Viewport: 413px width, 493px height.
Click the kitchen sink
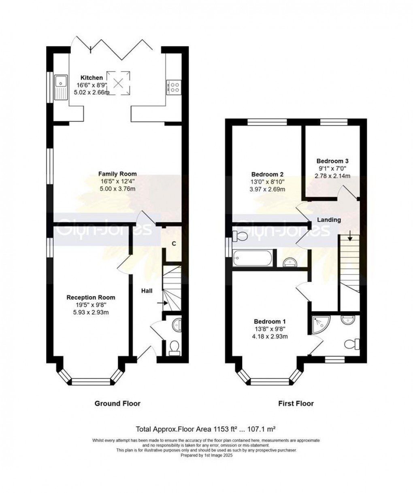pyautogui.click(x=61, y=87)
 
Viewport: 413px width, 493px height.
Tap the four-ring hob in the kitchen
pyautogui.click(x=173, y=87)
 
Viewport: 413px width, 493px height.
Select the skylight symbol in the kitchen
pyautogui.click(x=118, y=83)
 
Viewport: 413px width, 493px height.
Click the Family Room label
pyautogui.click(x=117, y=174)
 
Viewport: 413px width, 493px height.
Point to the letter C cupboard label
pyautogui.click(x=174, y=244)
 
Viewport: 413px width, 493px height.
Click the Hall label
pyautogui.click(x=147, y=291)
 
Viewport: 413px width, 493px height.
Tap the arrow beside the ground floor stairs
pyautogui.click(x=166, y=303)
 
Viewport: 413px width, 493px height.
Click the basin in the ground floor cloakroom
pyautogui.click(x=177, y=325)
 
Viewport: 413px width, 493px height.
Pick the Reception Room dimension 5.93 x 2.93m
pyautogui.click(x=91, y=312)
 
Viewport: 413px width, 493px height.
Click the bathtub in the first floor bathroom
pyautogui.click(x=253, y=258)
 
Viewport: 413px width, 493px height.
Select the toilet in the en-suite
pyautogui.click(x=352, y=344)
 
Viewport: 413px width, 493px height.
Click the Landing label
pyautogui.click(x=329, y=220)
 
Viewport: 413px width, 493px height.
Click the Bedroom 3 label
pyautogui.click(x=332, y=161)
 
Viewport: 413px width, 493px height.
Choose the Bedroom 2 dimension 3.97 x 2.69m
pyautogui.click(x=267, y=189)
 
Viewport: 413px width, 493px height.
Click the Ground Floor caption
pyautogui.click(x=117, y=403)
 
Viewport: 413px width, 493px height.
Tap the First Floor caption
pyautogui.click(x=296, y=403)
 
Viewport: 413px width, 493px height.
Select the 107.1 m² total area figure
pyautogui.click(x=261, y=429)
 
